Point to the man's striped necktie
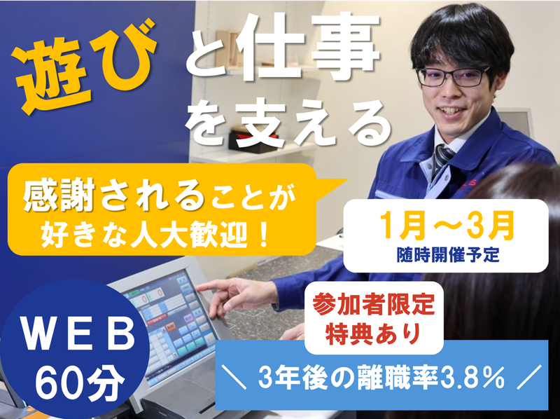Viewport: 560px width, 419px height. tap(442, 158)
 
